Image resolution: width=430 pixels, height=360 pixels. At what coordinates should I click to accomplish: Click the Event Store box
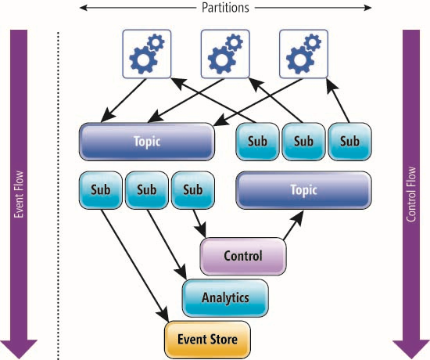pos(207,340)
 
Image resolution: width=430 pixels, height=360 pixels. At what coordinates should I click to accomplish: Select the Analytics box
pos(225,298)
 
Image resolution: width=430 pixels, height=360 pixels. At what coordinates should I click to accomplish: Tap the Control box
pos(243,256)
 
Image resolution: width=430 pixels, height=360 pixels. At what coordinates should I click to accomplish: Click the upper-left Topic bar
pos(147,142)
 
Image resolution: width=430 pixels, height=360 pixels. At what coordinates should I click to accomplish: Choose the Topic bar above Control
pos(303,190)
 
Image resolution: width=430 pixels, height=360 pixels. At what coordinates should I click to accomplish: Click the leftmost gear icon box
pos(147,54)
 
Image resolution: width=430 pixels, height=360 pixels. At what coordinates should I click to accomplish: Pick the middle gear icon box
pos(225,54)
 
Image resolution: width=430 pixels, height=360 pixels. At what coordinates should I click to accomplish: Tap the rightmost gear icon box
pos(303,54)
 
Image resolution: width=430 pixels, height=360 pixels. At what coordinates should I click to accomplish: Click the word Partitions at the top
pos(225,8)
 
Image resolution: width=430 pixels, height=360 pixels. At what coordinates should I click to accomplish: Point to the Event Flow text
pos(19,194)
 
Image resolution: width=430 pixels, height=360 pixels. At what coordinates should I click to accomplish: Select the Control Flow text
pos(410,194)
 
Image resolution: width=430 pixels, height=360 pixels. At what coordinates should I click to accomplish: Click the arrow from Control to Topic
pos(293,225)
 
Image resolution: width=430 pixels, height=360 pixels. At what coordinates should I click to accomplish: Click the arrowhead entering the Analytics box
pos(181,272)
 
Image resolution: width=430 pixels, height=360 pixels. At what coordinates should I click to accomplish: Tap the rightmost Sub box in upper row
pos(349,142)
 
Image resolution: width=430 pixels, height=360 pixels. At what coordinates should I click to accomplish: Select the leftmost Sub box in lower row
pos(101,190)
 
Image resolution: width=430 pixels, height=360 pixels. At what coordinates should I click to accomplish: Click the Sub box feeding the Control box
pos(193,190)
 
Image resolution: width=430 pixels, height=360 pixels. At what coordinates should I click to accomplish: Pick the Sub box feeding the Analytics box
pos(147,190)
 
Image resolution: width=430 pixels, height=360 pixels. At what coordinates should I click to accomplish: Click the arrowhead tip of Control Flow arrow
pos(411,358)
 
